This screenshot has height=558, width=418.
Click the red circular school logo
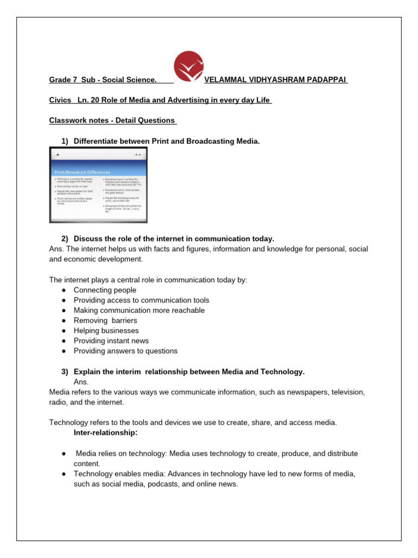(188, 68)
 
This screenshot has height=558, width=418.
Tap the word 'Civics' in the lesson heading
(59, 100)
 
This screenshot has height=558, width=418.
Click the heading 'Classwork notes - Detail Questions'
(112, 120)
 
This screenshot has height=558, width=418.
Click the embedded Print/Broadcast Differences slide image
(98, 185)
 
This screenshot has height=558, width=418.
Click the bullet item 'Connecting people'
(105, 290)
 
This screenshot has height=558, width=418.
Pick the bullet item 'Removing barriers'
(106, 320)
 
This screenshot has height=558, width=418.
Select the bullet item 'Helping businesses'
(106, 331)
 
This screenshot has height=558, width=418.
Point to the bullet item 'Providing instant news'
(111, 341)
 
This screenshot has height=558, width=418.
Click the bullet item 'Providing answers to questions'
(126, 351)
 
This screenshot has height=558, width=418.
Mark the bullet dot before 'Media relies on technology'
(64, 453)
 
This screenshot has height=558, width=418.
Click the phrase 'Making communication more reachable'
(139, 310)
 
